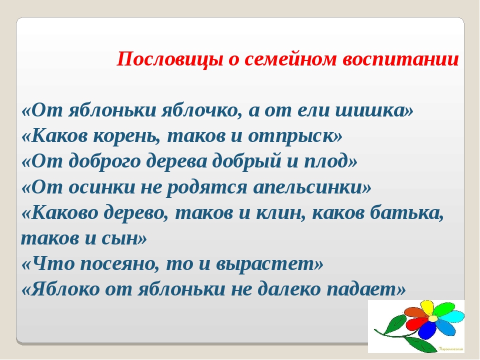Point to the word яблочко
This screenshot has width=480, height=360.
tap(199, 110)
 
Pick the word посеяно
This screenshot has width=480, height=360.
tap(119, 264)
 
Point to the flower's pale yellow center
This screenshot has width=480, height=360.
tap(432, 318)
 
